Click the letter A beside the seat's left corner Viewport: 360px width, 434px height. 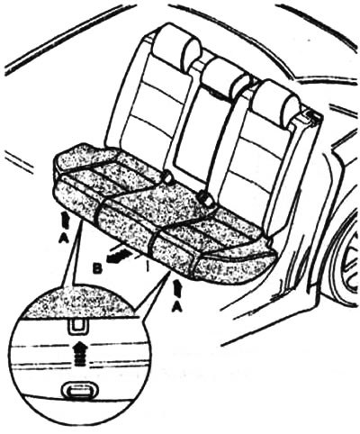[64, 239]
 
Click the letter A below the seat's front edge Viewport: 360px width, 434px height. [177, 306]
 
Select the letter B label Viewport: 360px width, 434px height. [98, 269]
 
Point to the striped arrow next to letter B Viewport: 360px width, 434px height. [119, 255]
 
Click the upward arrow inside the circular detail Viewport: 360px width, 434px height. [79, 353]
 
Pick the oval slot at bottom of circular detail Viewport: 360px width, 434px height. [77, 390]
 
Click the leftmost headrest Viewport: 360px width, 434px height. [176, 47]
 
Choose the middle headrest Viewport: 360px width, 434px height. [227, 76]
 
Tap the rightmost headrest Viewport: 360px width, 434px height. [275, 101]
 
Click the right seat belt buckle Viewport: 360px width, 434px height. [205, 197]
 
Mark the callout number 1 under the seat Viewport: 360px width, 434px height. [147, 266]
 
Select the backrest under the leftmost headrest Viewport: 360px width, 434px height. [153, 114]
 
